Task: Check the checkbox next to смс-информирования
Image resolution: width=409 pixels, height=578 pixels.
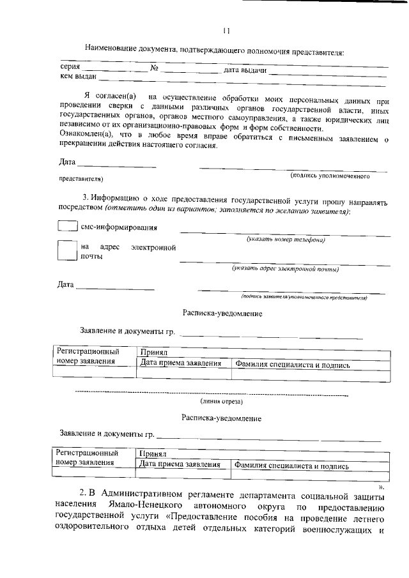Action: click(x=67, y=226)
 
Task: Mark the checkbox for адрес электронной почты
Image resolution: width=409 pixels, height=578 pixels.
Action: click(x=67, y=250)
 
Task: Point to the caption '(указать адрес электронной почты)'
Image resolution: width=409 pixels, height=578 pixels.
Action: click(x=285, y=269)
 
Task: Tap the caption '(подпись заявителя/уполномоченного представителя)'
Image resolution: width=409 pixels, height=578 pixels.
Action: click(x=304, y=297)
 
